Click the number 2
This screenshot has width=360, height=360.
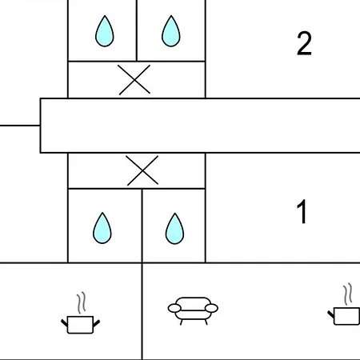tap(304, 43)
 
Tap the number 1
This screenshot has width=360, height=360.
tap(302, 212)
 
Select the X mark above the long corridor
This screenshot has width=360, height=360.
tap(134, 80)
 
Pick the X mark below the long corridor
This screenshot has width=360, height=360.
tap(142, 170)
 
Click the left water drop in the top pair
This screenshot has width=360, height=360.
tap(105, 31)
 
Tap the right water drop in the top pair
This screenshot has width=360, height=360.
tap(171, 31)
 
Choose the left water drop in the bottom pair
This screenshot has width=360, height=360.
tap(102, 228)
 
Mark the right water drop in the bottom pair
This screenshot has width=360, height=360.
tap(174, 229)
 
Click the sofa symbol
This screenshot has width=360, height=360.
tap(193, 310)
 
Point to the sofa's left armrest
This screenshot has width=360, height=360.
tap(174, 308)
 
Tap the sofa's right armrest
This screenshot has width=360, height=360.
tap(211, 308)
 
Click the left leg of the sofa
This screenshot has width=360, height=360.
tap(182, 322)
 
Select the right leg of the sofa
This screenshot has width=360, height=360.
tap(206, 322)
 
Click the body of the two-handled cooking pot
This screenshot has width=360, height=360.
tap(80, 325)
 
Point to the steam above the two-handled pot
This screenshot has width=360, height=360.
tap(82, 302)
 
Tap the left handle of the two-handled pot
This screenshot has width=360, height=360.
tap(64, 323)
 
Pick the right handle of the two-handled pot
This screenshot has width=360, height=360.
tap(97, 323)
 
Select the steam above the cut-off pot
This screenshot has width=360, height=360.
tap(348, 294)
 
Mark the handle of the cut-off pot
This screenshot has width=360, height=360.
tap(331, 314)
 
